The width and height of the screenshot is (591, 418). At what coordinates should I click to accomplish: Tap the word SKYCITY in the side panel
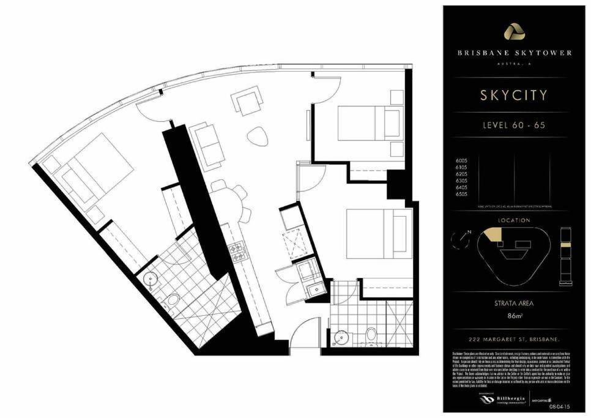click(x=514, y=95)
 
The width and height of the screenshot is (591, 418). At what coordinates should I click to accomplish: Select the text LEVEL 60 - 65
click(x=514, y=125)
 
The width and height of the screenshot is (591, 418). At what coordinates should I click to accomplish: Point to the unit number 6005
click(x=462, y=160)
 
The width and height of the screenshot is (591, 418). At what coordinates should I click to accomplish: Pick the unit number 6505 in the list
click(x=462, y=193)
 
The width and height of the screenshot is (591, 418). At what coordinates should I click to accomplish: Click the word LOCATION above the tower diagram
click(x=514, y=220)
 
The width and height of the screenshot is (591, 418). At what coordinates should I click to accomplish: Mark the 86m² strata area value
click(x=514, y=317)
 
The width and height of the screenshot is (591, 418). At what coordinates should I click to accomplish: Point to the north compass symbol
click(x=459, y=239)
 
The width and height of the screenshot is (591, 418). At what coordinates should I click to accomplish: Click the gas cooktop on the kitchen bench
click(x=236, y=249)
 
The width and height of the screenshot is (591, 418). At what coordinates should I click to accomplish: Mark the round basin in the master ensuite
click(x=150, y=280)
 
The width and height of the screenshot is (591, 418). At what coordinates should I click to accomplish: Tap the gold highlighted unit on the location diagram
click(x=491, y=236)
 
